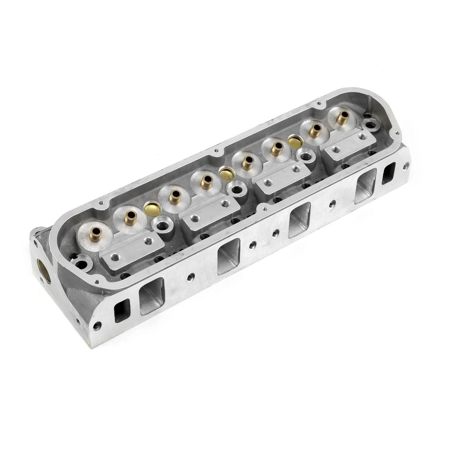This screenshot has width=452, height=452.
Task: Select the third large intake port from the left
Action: click(300, 220)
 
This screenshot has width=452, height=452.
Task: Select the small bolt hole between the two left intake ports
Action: click(191, 277)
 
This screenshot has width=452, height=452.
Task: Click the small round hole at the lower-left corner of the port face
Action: click(99, 324)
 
